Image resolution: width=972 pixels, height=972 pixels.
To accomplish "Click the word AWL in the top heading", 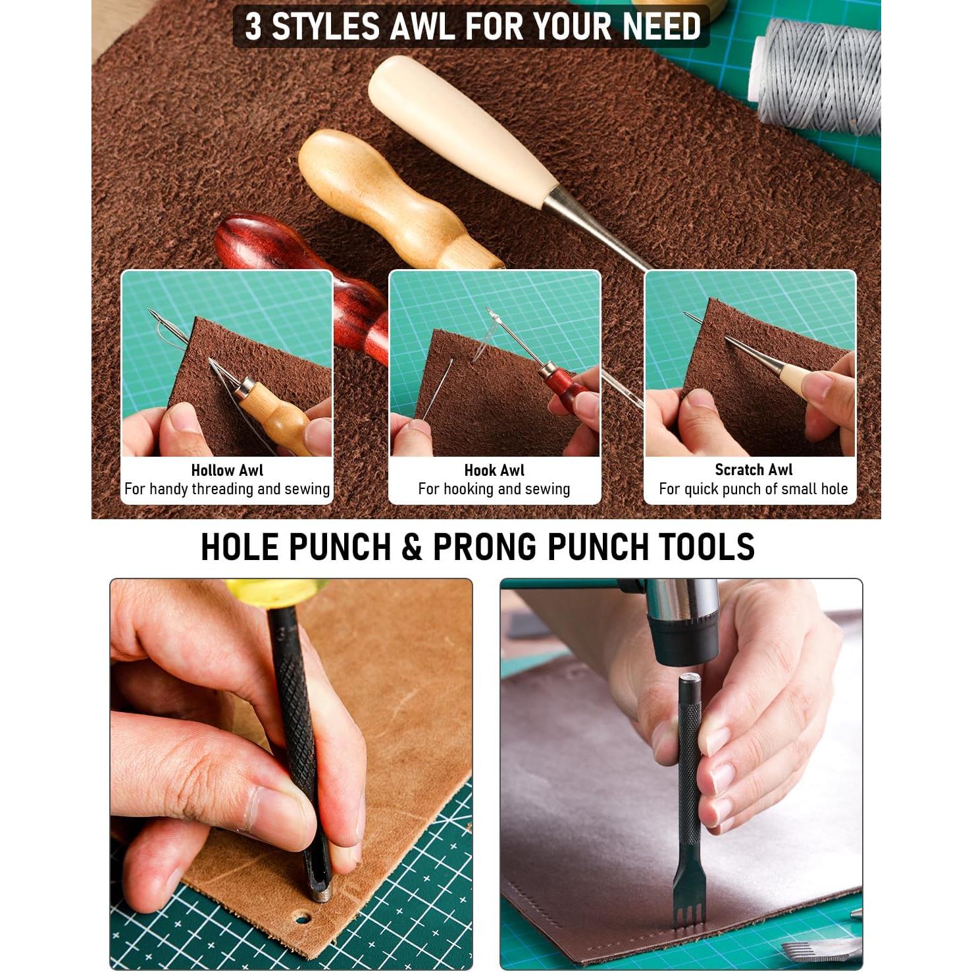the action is (422, 26).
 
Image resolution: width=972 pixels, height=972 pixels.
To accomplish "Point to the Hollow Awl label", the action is (227, 470).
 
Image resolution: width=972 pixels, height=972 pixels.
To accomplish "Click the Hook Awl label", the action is (494, 470).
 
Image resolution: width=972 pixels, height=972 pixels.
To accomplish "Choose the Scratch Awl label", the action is (754, 469).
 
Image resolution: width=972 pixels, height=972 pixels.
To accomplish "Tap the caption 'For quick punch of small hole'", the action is (754, 489).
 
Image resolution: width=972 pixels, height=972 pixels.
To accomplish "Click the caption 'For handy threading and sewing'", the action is (227, 489).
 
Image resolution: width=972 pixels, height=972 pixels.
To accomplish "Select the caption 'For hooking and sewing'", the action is (494, 489).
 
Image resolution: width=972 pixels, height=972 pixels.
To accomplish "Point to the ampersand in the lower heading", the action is (411, 547).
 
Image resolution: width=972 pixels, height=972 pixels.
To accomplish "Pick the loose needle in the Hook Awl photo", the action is (437, 390).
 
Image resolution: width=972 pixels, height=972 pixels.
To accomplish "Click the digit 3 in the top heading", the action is (253, 26).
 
